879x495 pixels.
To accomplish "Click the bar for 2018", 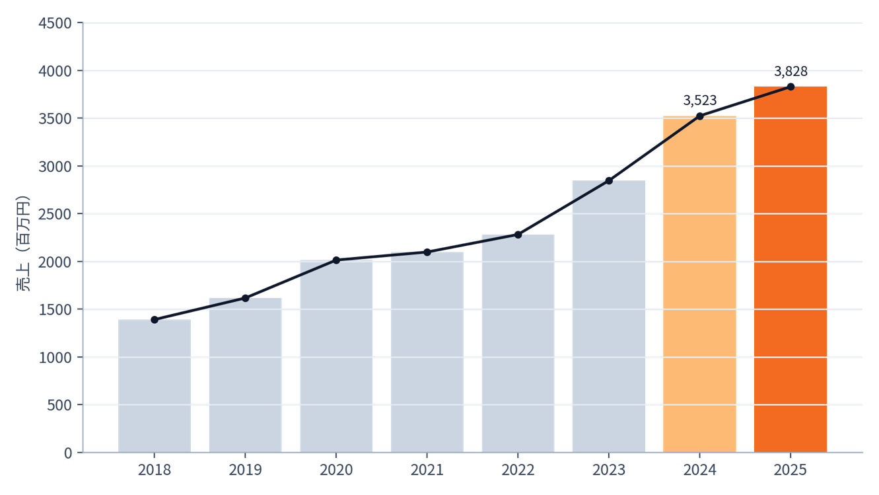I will pos(155,386).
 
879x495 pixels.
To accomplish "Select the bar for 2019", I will pos(245,375).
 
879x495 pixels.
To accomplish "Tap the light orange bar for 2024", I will pos(699,284).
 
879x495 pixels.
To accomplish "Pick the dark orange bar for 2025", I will pos(790,269).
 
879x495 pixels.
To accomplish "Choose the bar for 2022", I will pos(518,343).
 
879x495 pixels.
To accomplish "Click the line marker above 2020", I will pos(336,260).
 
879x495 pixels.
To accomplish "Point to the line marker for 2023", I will pos(609,180).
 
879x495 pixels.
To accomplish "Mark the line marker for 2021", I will pos(427,252).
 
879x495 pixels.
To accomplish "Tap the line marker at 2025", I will pos(791,87).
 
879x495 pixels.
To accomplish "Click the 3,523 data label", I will pos(699,100).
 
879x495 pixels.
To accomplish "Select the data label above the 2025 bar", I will pos(791,71).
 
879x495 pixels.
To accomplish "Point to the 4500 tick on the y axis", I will pos(55,23).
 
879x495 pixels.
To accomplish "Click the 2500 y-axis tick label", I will pos(55,214).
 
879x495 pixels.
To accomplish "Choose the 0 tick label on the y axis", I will pos(68,453).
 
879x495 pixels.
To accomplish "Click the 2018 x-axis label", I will pos(155,470).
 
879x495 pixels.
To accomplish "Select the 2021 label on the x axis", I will pos(427,470).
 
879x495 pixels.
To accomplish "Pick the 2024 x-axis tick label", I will pos(699,470).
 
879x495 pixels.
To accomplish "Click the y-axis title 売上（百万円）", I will pos(23,243).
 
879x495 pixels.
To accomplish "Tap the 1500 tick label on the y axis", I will pos(55,309).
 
